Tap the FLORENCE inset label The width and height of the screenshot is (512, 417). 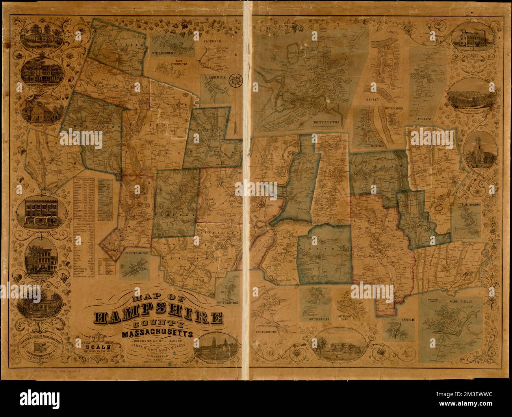(x=212, y=41)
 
